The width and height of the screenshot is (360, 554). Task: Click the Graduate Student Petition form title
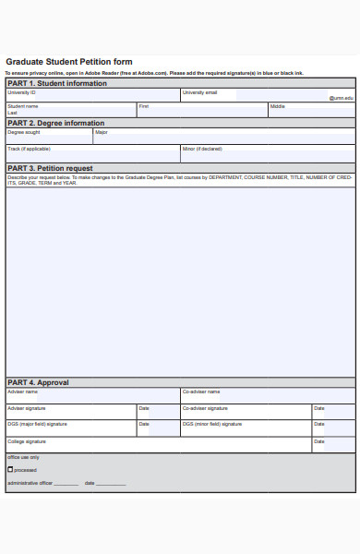coord(69,62)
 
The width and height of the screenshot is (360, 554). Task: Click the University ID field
coord(92,95)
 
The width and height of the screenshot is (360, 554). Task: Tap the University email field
coord(268,95)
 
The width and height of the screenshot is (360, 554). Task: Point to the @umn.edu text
coord(342,97)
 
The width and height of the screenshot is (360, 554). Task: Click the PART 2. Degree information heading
coord(55,123)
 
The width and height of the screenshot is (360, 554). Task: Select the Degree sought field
coord(48,137)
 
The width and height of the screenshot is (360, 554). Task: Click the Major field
coord(224,137)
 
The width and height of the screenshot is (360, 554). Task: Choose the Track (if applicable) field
coord(92,153)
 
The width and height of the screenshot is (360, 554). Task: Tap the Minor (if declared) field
coord(268,153)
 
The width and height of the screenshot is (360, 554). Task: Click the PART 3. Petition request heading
coord(50,168)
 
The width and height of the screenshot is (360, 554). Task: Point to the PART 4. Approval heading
coord(38,382)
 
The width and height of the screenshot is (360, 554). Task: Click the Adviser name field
coord(92,395)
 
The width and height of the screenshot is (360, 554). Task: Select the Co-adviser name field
coord(268,395)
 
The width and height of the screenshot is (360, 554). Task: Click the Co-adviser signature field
coord(246,412)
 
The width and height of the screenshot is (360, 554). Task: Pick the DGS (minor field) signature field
coord(246,428)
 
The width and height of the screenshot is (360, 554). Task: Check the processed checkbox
coord(10,470)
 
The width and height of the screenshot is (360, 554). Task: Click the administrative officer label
coord(29,483)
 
